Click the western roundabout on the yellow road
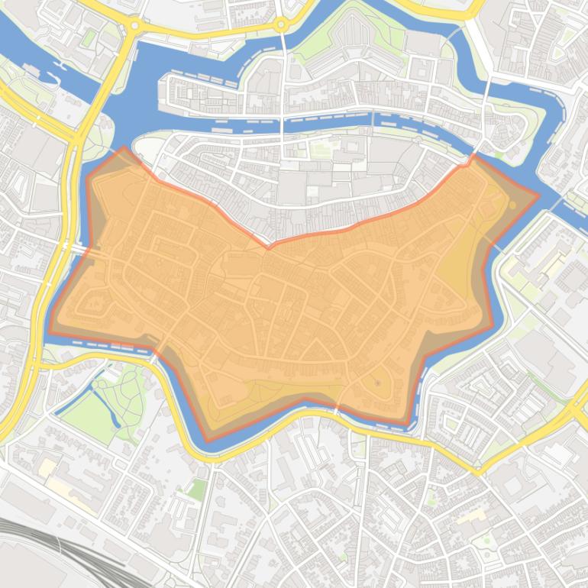134,25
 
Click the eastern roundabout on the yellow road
281,25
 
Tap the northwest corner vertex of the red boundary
124,148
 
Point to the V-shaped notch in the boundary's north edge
268,247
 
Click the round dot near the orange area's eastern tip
512,205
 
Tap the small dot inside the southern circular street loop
376,381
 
